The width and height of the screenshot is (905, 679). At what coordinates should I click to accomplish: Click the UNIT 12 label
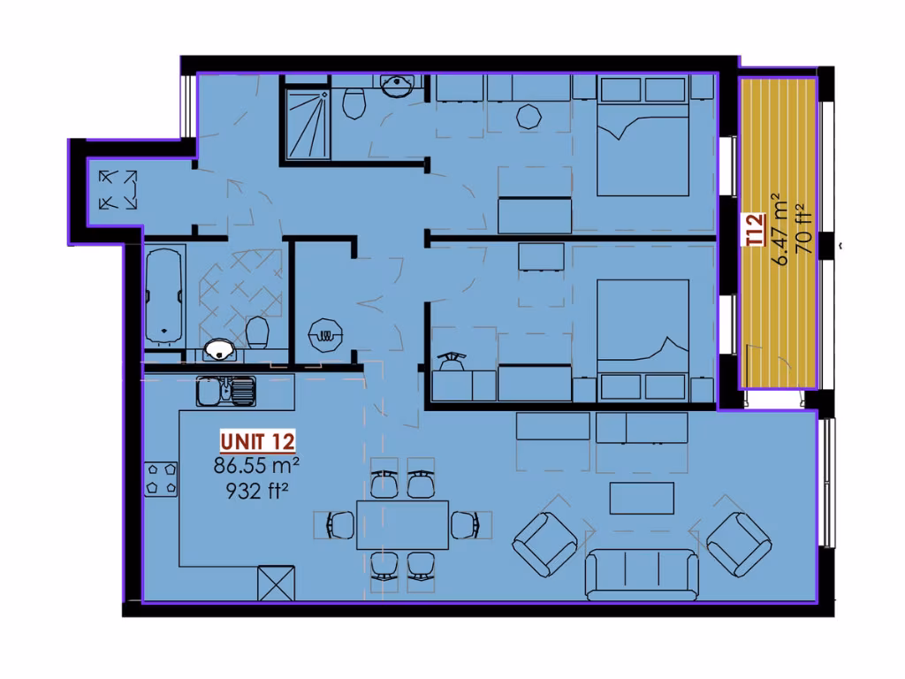(x=257, y=441)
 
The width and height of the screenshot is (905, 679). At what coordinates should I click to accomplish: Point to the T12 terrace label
(x=754, y=231)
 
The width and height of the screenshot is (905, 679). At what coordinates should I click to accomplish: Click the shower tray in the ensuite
(x=306, y=123)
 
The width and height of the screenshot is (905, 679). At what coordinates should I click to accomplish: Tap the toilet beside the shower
(x=354, y=103)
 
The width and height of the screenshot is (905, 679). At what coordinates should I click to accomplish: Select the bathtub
(x=164, y=294)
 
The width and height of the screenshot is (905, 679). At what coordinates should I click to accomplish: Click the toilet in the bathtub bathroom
(x=257, y=333)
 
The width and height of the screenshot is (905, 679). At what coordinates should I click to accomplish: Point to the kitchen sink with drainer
(x=225, y=390)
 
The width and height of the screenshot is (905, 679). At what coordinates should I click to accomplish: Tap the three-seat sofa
(x=643, y=574)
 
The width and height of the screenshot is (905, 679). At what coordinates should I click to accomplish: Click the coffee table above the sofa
(x=642, y=498)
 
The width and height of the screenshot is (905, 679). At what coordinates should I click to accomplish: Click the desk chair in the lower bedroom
(x=452, y=360)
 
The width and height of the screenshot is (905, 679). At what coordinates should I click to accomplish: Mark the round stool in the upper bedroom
(x=529, y=116)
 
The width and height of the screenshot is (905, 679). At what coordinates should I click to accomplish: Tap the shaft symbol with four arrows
(x=118, y=189)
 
